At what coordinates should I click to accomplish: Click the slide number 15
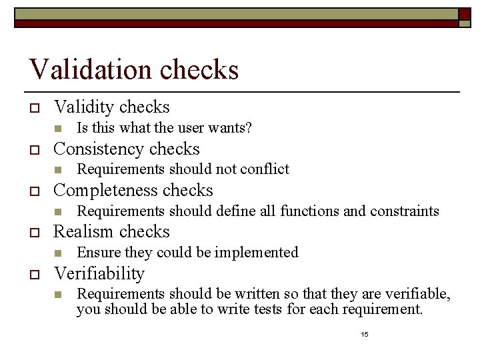(x=364, y=333)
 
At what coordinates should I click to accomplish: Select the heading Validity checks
(x=111, y=107)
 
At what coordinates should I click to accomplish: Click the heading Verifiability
(x=99, y=273)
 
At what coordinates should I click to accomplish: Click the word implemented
(x=259, y=253)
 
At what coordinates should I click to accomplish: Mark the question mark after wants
(x=249, y=127)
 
